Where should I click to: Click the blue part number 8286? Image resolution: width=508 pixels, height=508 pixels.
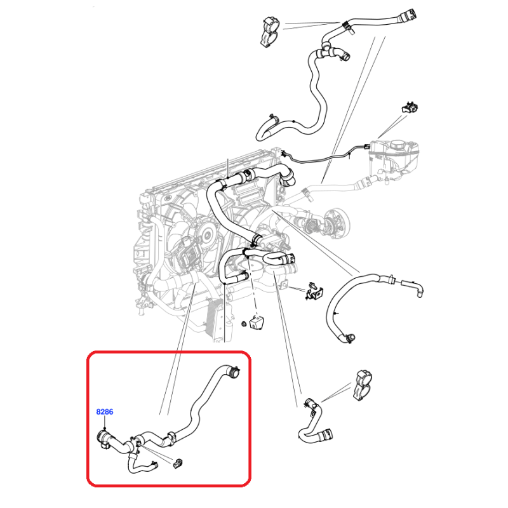click(x=105, y=411)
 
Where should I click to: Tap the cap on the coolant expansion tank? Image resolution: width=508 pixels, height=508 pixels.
click(x=399, y=145)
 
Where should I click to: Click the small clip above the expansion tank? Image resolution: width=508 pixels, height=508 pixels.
click(x=410, y=107)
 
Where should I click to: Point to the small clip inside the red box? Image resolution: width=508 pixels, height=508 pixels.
click(x=178, y=464)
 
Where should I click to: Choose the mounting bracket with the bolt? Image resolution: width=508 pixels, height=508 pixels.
click(x=314, y=291)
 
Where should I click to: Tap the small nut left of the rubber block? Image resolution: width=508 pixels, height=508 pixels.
click(x=244, y=323)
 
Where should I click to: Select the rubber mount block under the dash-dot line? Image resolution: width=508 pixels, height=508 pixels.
click(x=257, y=323)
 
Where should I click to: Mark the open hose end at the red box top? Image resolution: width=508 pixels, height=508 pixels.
click(x=234, y=371)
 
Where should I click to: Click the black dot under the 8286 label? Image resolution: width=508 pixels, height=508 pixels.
click(x=105, y=428)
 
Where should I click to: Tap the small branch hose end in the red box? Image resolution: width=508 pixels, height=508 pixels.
click(x=155, y=465)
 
